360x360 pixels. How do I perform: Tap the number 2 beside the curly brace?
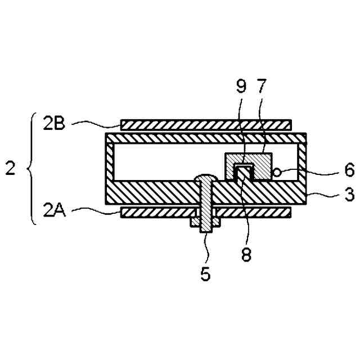[x=10, y=168]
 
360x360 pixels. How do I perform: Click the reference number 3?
[x=349, y=196]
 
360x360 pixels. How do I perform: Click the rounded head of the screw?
[x=205, y=179]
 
